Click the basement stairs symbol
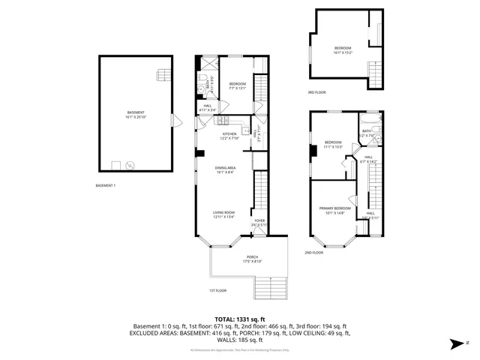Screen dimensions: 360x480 click(160, 73)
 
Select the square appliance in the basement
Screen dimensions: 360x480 click(116, 165)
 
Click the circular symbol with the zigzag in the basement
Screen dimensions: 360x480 click(130, 165)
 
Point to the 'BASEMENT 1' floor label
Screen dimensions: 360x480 click(106, 185)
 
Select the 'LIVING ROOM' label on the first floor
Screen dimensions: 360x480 click(225, 214)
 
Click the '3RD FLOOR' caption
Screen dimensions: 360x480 click(316, 92)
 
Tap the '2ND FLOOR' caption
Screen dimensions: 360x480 click(313, 253)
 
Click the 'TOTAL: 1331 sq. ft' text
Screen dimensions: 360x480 click(240, 319)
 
